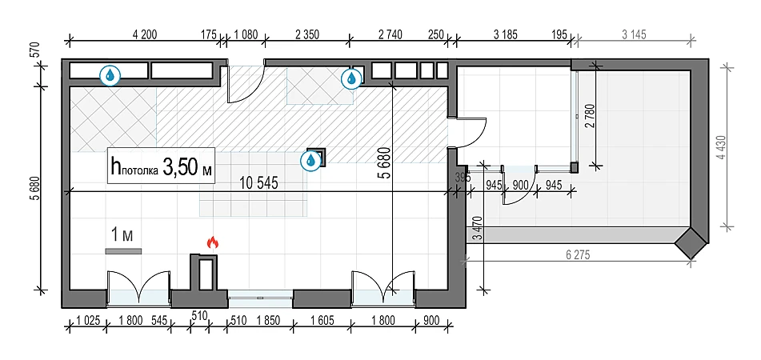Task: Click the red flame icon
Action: coord(213,241)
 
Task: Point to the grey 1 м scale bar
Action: coord(122,251)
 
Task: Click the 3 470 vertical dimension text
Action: coord(477,230)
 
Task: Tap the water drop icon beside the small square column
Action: coord(310,161)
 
